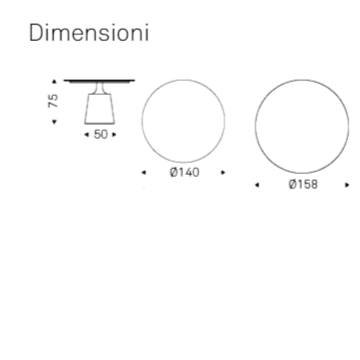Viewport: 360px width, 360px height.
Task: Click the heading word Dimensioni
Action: tap(89, 33)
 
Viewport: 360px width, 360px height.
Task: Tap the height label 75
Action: tap(53, 101)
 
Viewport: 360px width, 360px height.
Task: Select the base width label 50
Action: tap(101, 135)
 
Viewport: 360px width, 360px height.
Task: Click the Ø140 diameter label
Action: tap(184, 172)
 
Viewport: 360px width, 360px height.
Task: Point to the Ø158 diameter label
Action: tap(303, 184)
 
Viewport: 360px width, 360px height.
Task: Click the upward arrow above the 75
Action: tap(54, 81)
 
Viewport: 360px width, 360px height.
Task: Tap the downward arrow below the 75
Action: tap(54, 122)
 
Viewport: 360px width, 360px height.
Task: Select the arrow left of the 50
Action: tap(87, 135)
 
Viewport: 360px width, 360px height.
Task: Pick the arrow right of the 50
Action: tap(114, 135)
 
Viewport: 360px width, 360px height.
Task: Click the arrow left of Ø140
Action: tap(144, 172)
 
